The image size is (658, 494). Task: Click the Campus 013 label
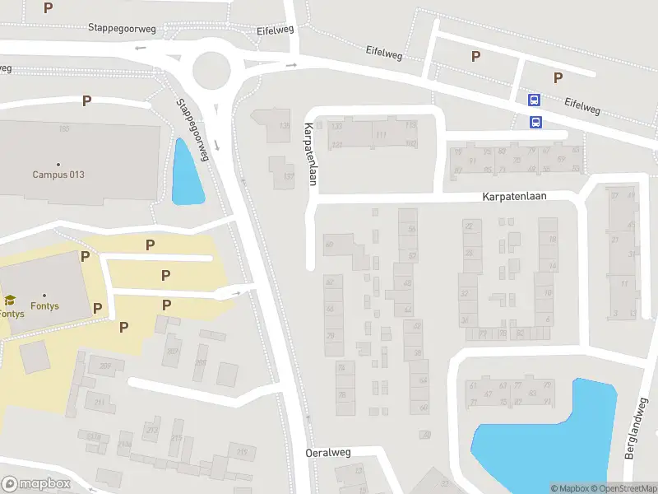58,175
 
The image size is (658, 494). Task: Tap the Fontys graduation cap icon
10,301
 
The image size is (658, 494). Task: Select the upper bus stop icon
535,100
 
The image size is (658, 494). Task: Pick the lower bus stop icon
535,123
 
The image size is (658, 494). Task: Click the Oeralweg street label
328,453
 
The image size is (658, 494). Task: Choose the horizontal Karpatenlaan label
514,198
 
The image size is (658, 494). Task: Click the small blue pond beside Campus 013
187,173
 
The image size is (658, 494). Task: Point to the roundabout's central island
211,69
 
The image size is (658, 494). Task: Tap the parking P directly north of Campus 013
86,101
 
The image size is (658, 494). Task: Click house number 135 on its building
285,126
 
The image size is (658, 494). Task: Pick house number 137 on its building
288,176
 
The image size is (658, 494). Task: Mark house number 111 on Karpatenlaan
380,135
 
